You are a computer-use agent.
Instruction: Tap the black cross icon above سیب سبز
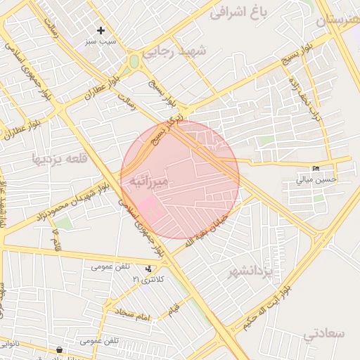pos(101,30)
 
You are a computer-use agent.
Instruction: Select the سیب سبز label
pos(101,42)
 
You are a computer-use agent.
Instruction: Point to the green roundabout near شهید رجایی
pos(134,61)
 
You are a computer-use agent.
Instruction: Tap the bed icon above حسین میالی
pos(316,168)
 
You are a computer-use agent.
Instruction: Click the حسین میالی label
pos(316,179)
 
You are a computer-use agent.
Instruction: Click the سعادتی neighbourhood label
pos(324,333)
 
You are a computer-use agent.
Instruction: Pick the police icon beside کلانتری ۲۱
pos(148,268)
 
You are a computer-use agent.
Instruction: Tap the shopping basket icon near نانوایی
pos(59,349)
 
